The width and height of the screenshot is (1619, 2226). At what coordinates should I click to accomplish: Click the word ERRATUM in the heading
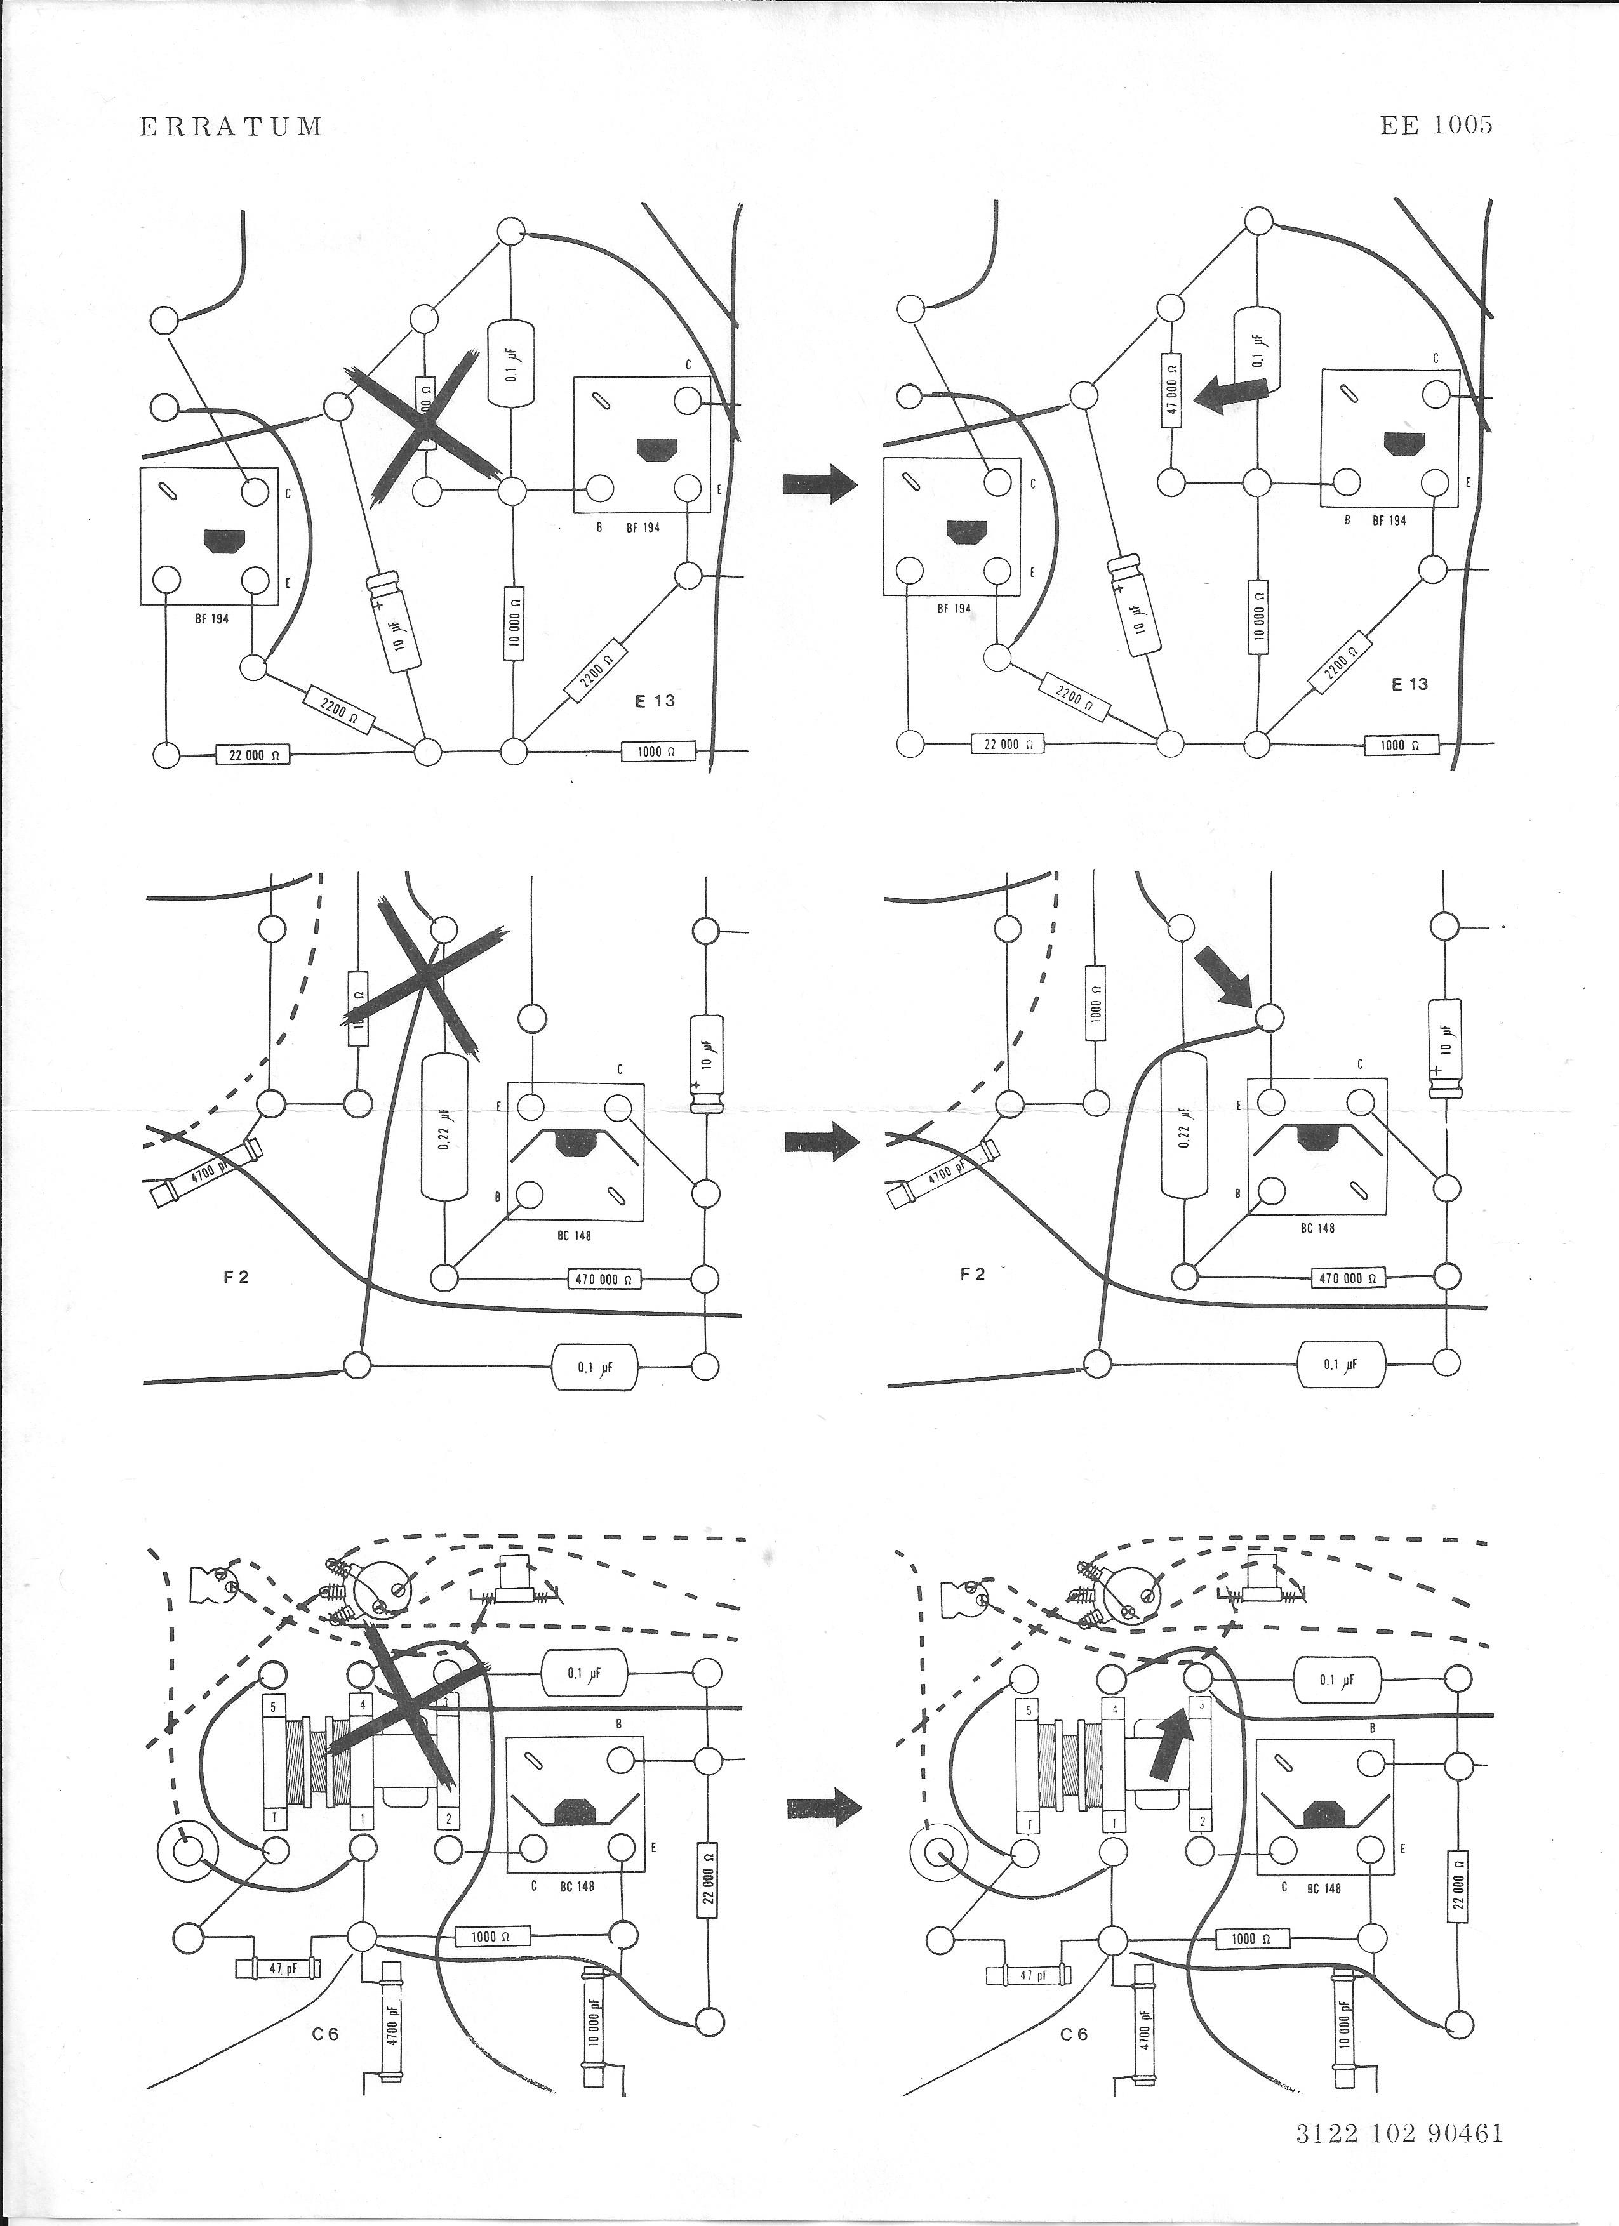coord(230,126)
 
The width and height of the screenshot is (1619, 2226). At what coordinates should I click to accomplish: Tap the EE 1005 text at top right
coord(1436,124)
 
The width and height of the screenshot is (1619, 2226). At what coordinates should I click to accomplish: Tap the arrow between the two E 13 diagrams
coord(820,484)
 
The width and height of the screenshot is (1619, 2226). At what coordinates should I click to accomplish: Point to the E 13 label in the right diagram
coord(1410,684)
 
